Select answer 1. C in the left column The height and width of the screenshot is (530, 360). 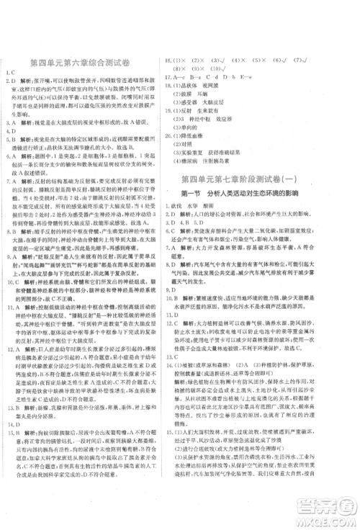12,73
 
